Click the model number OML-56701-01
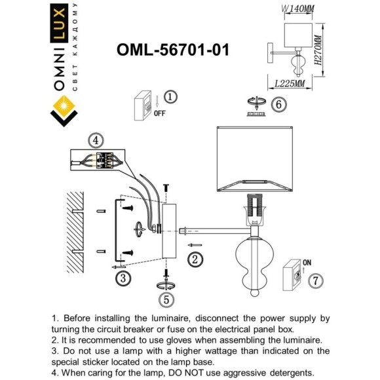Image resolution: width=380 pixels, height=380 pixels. point(173,50)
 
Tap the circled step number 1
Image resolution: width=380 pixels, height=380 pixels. point(170,97)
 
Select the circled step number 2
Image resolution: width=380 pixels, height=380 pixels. point(195,259)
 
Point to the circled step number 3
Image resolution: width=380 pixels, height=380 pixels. point(123,278)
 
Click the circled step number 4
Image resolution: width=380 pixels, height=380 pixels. point(96,141)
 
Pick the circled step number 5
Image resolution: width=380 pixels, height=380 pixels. point(166,300)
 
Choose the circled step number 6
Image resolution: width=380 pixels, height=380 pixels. point(278,105)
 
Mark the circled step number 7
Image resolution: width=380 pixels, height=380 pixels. point(316,280)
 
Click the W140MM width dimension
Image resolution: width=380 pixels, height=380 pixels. point(297,9)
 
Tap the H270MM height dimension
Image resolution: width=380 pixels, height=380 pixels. point(318,50)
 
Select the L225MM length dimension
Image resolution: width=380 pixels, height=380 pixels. point(290,84)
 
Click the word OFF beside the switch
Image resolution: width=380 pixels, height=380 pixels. point(160,113)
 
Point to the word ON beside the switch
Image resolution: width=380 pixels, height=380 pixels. point(307,263)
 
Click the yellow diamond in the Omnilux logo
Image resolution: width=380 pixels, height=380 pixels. point(64,105)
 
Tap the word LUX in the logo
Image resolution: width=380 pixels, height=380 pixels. point(59,24)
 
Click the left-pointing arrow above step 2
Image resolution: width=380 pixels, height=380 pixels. point(195,245)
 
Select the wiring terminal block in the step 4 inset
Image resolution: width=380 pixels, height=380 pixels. point(105,160)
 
